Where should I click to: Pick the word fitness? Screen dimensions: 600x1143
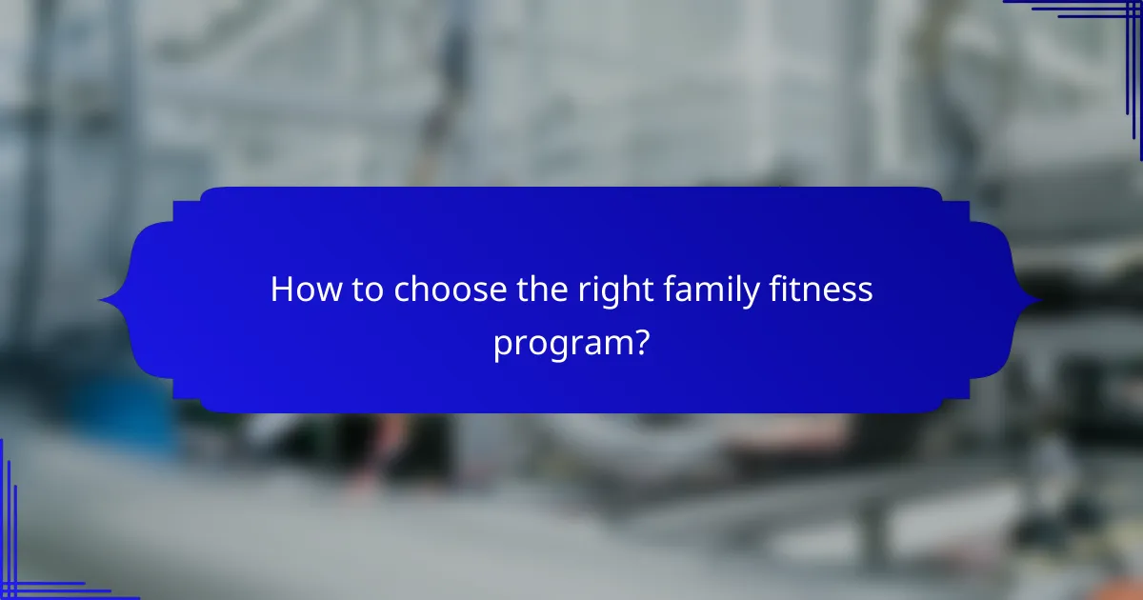tap(821, 290)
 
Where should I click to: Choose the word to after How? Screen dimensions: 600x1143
tap(366, 290)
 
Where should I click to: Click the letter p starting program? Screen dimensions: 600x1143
tap(501, 347)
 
